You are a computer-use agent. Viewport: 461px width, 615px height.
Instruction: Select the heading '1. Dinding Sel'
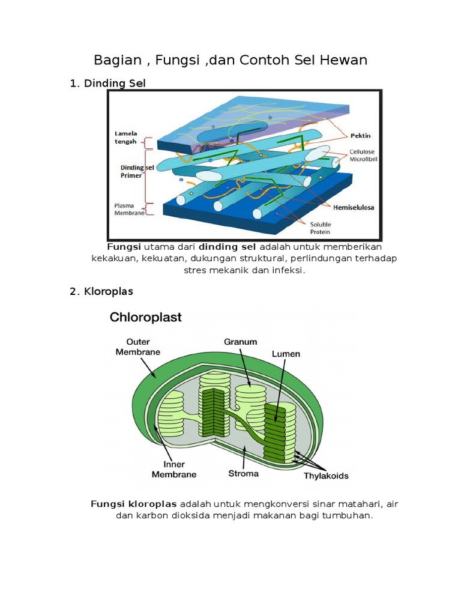108,83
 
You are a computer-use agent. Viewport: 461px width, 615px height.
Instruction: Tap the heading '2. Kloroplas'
101,291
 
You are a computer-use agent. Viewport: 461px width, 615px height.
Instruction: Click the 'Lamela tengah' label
126,137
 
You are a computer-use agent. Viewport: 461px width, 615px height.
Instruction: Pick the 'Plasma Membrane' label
128,208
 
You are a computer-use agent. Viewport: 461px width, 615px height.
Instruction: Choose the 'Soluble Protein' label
319,228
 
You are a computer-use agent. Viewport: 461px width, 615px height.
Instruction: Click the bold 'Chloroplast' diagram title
145,317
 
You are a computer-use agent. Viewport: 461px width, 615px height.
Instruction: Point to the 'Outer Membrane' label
137,347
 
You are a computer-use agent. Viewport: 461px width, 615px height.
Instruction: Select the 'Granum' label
240,342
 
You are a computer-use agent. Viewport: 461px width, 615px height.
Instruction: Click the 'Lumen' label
286,354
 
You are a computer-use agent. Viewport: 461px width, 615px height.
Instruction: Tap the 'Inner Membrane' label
173,469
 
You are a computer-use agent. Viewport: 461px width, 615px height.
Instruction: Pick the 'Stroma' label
243,473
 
